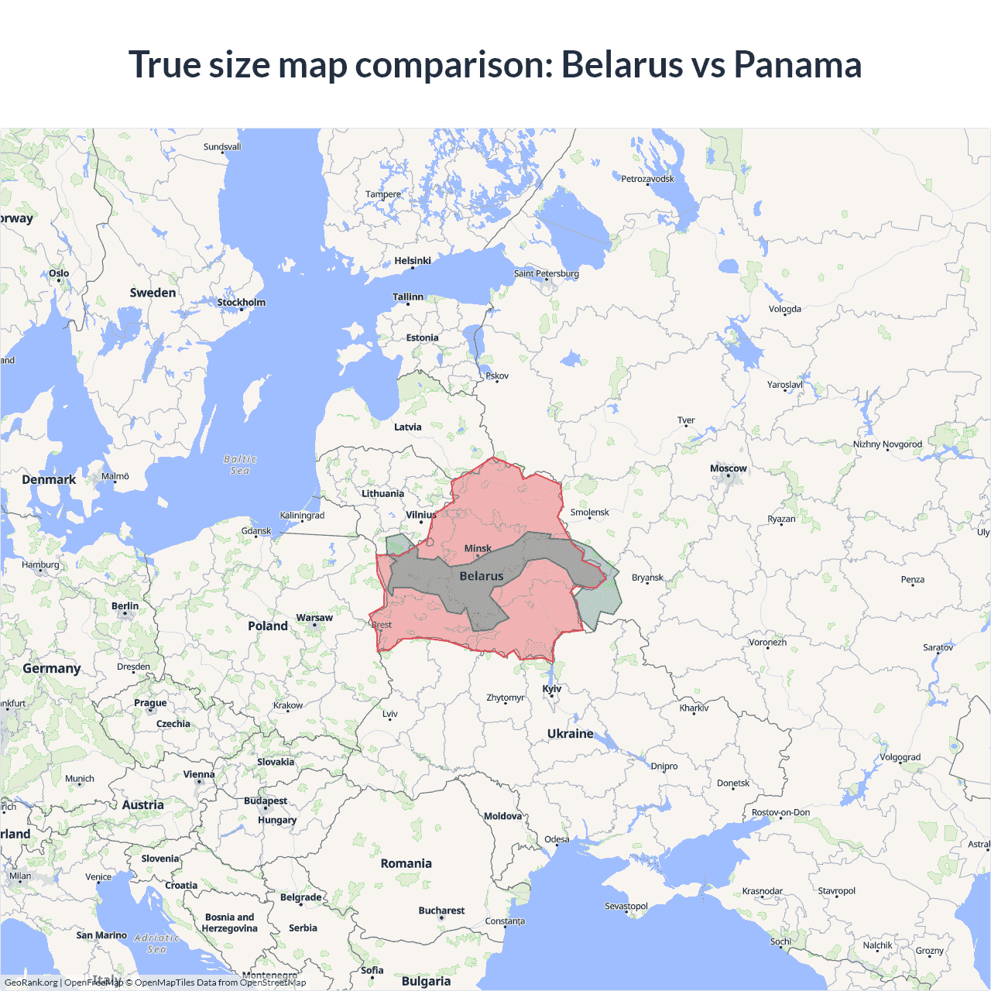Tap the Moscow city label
click(x=728, y=468)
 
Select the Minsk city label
click(x=478, y=548)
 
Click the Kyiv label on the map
click(x=552, y=688)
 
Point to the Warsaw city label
click(x=314, y=618)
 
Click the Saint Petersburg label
click(x=546, y=273)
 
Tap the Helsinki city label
click(x=413, y=261)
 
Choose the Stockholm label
click(x=241, y=303)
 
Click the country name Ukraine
click(x=570, y=733)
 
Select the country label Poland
click(x=268, y=626)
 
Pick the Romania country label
click(x=406, y=863)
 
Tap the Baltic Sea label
click(x=240, y=465)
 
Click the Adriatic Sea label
click(x=156, y=943)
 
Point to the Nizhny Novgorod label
click(x=887, y=444)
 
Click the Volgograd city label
click(x=900, y=757)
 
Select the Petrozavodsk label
click(x=647, y=179)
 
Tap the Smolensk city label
click(x=589, y=513)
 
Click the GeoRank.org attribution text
click(x=31, y=982)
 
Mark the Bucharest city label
click(x=441, y=910)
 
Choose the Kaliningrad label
click(x=302, y=516)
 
